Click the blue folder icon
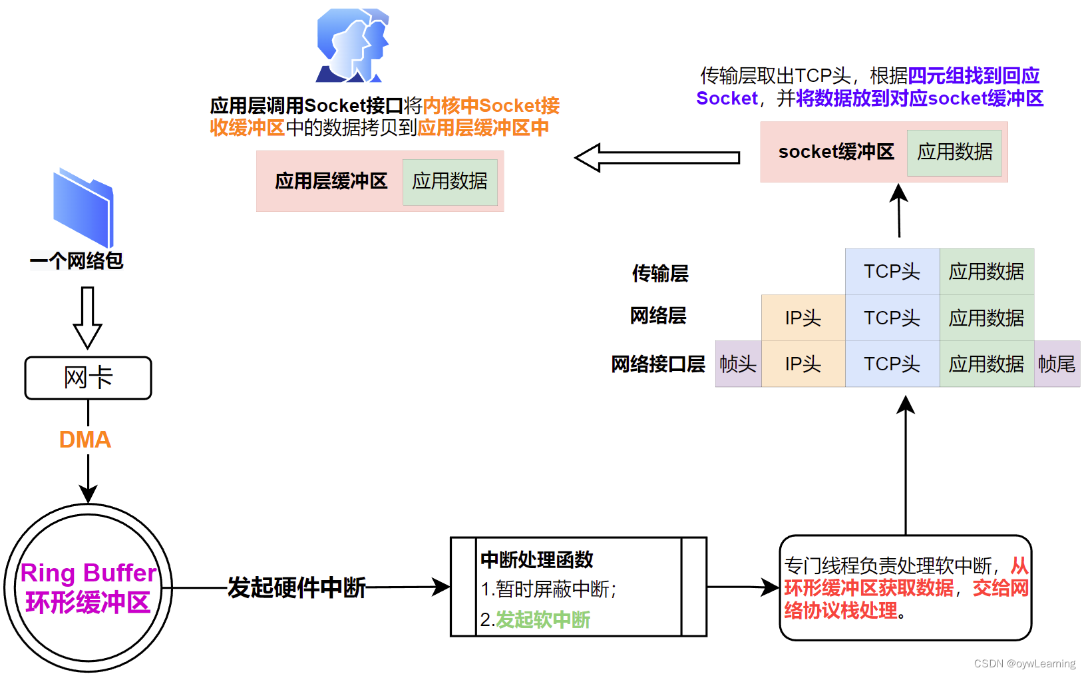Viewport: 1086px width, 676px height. [84, 208]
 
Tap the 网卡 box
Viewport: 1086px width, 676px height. [88, 378]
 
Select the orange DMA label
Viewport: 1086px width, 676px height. [85, 440]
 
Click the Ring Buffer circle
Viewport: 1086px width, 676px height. [88, 587]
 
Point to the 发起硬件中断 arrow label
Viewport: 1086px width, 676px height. [297, 587]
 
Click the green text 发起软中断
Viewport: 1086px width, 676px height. [543, 620]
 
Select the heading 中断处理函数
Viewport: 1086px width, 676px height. [536, 559]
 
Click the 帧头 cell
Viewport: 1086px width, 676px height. [738, 364]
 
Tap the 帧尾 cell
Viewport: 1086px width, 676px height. [1057, 364]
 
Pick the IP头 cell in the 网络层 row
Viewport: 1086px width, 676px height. [803, 318]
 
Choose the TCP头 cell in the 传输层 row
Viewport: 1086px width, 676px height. [892, 272]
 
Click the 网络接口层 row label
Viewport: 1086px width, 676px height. [658, 364]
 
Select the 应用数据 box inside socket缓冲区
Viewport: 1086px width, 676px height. [954, 153]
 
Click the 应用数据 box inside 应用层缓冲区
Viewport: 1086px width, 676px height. [450, 181]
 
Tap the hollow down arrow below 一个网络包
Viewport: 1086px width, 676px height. [87, 317]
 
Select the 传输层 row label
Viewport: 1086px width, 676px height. [660, 273]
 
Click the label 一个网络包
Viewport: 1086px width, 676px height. [77, 261]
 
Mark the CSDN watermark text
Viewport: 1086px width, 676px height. [1024, 663]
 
